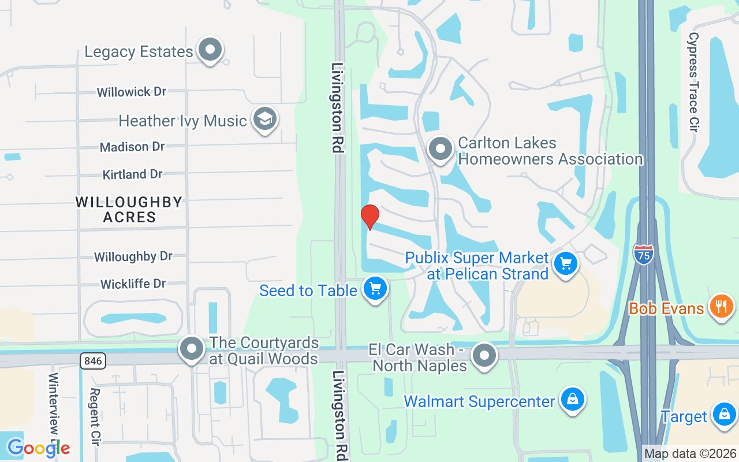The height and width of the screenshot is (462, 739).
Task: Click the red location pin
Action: click(370, 217)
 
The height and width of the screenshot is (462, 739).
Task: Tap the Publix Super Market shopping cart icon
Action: click(566, 264)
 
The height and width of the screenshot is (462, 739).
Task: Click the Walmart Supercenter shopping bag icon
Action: click(572, 400)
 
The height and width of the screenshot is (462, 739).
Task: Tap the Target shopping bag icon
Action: click(723, 415)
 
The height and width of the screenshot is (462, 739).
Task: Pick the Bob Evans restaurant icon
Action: click(721, 305)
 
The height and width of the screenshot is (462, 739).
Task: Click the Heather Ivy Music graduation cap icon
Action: click(265, 120)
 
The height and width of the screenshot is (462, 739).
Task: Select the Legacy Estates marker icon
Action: click(210, 50)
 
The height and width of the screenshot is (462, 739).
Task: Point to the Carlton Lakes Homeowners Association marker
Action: click(441, 149)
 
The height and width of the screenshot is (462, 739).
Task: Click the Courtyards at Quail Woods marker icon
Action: click(192, 349)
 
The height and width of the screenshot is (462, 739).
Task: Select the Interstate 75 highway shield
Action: click(643, 254)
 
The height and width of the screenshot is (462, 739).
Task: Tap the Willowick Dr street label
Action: click(132, 92)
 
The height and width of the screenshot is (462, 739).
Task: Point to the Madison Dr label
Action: click(132, 147)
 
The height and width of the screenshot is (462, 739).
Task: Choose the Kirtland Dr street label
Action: click(133, 174)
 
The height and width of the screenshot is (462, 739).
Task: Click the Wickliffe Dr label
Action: click(133, 284)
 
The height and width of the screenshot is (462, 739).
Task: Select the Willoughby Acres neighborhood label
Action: click(129, 210)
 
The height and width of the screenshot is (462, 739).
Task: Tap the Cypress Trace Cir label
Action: click(693, 81)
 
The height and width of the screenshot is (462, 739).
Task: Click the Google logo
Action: click(38, 448)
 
